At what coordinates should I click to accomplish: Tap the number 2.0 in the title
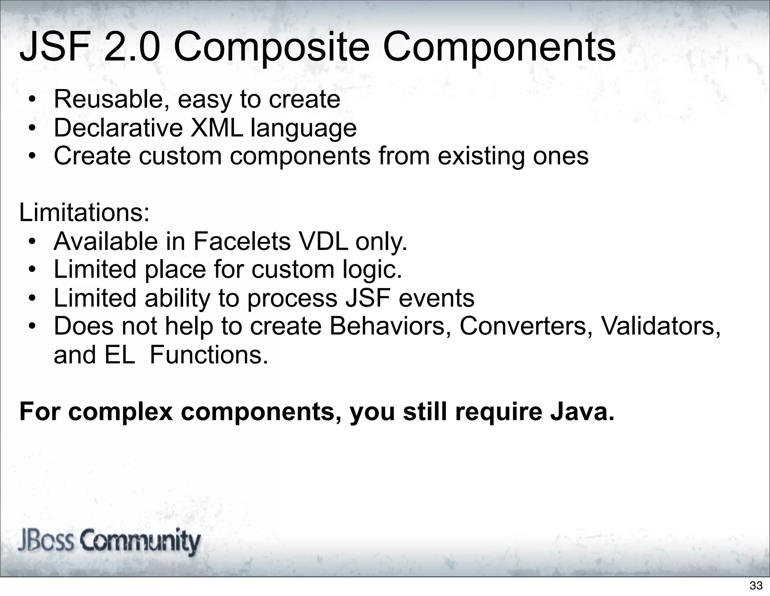[131, 48]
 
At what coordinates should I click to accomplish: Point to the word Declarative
[118, 128]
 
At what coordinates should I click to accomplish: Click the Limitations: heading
[85, 213]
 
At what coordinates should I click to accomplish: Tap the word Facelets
[242, 241]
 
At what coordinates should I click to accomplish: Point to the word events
[437, 298]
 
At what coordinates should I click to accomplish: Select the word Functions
[209, 355]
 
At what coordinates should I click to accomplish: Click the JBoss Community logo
[109, 542]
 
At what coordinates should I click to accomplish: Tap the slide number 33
[756, 585]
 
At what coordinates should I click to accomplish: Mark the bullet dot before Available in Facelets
[33, 242]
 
